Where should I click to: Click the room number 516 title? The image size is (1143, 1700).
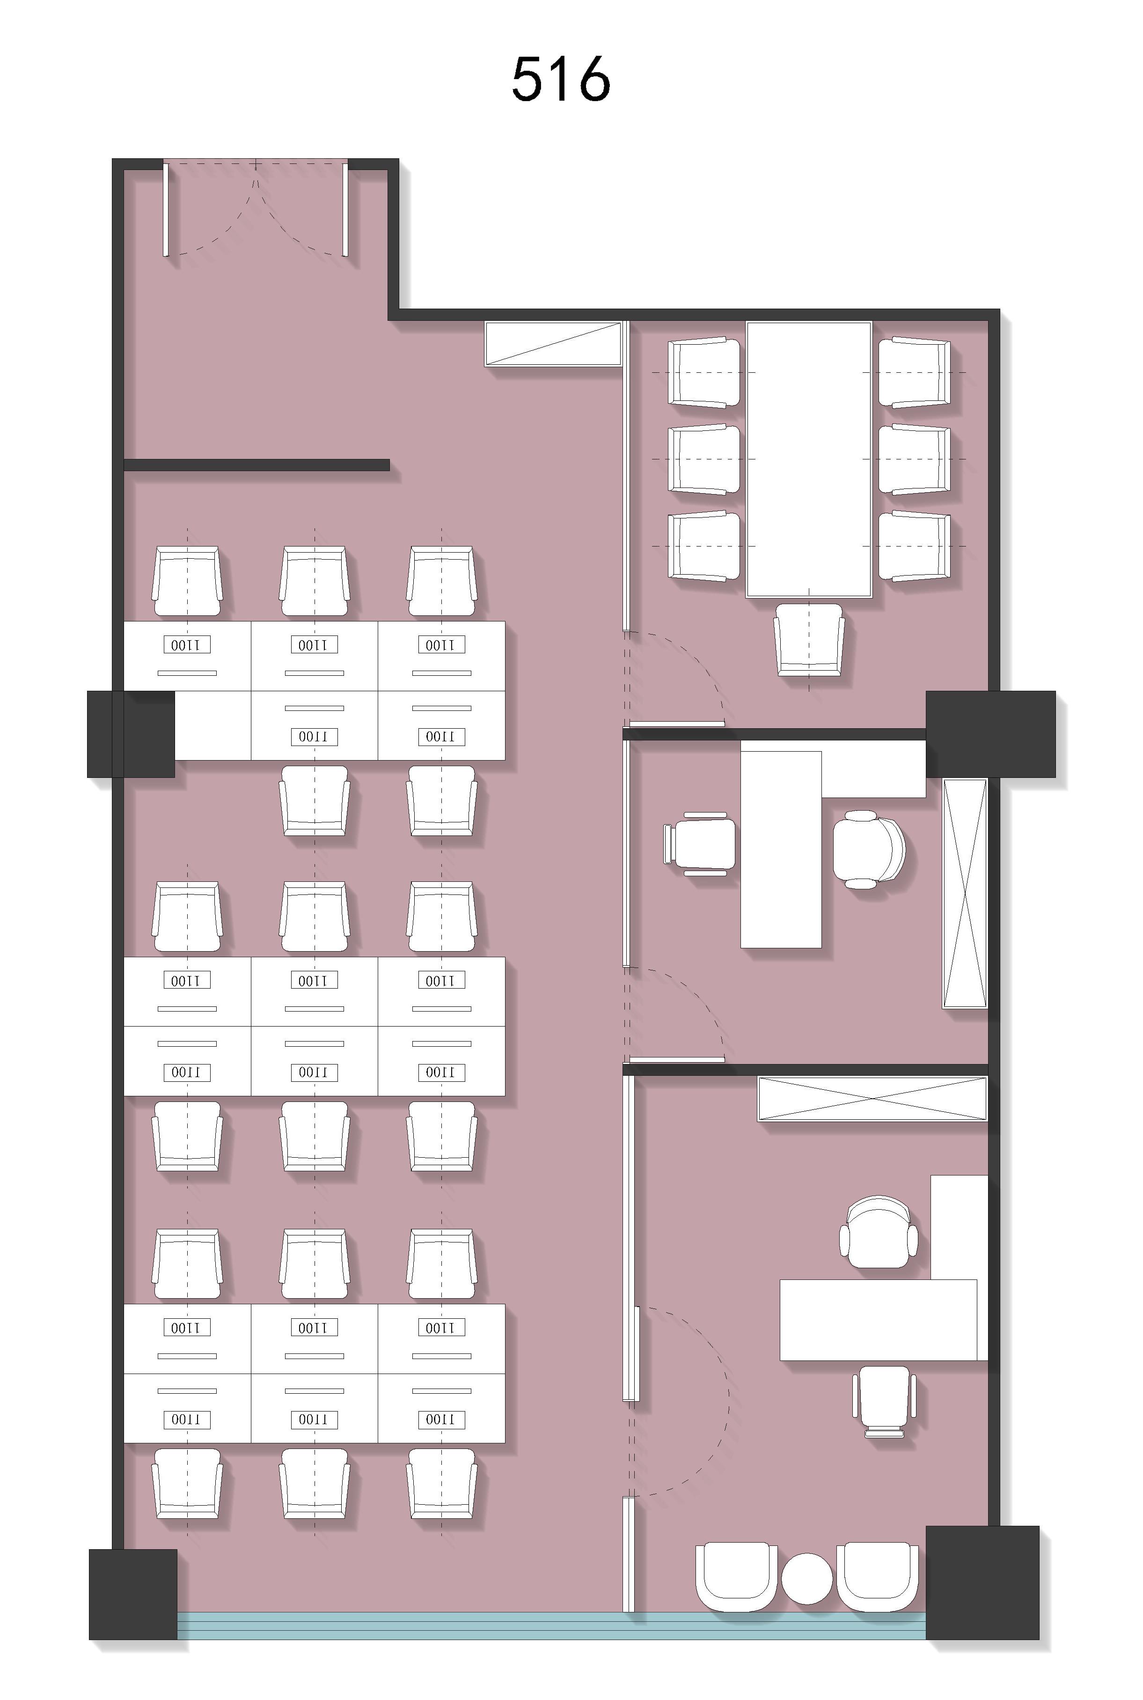pos(561,79)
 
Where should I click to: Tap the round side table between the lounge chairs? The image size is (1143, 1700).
pos(806,1579)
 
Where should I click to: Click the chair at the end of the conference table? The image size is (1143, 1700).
pos(809,639)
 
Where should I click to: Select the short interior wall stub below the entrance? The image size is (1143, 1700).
pos(256,465)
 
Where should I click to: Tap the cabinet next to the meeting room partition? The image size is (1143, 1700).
pos(553,343)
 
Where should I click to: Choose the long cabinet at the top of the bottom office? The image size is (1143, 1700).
pos(872,1098)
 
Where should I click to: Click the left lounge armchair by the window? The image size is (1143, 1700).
pos(735,1576)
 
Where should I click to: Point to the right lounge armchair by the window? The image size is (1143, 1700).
pos(878,1576)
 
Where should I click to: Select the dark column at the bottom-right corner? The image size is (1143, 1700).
pos(982,1582)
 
